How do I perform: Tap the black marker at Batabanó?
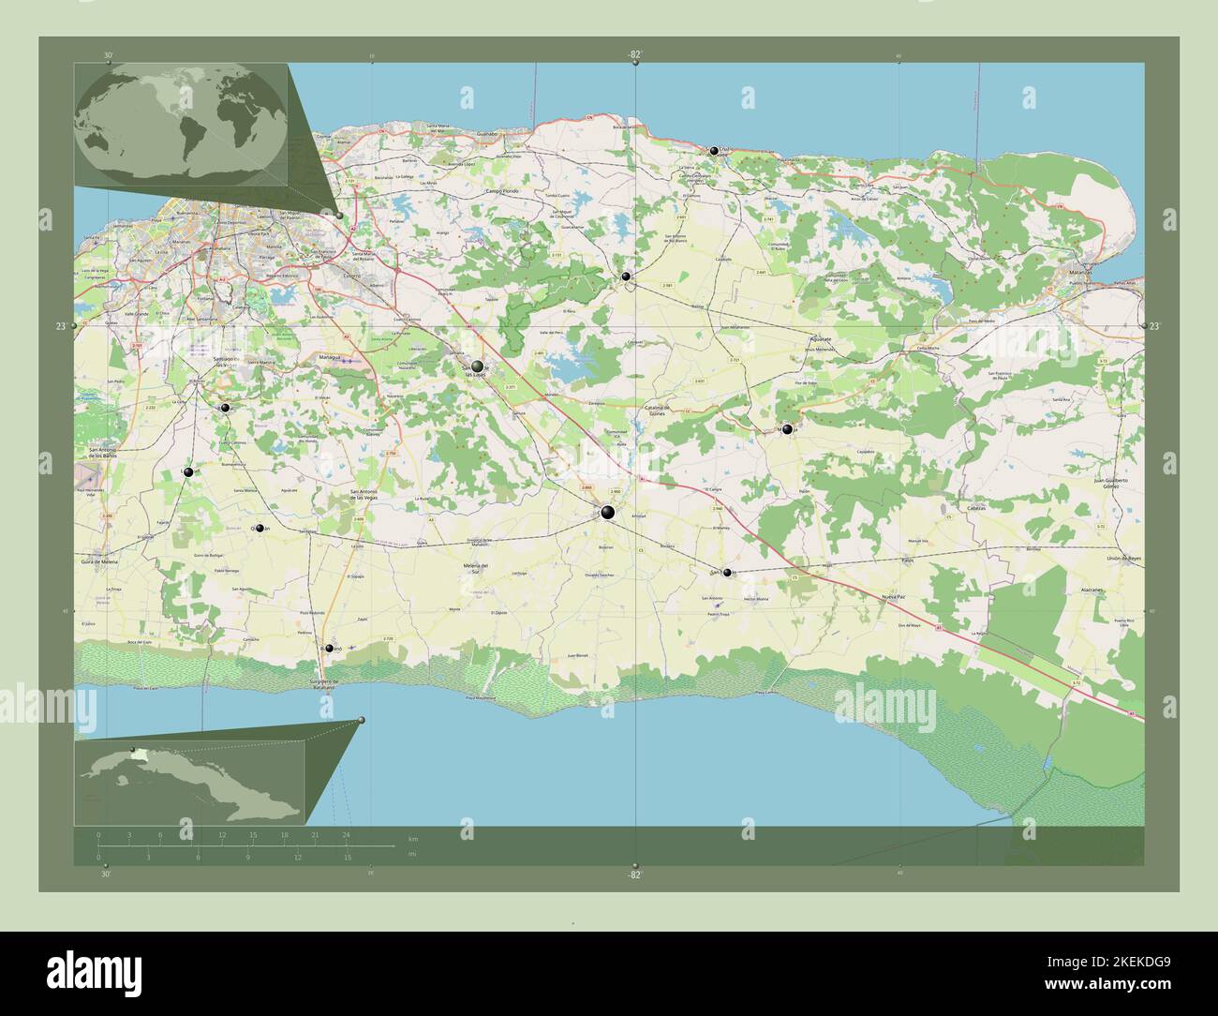point(329,648)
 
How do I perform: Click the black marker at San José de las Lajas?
point(478,366)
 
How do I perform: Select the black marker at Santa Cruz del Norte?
point(714,151)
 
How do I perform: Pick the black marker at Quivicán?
point(259,529)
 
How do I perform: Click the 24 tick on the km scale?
point(346,834)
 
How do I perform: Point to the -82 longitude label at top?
point(634,54)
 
